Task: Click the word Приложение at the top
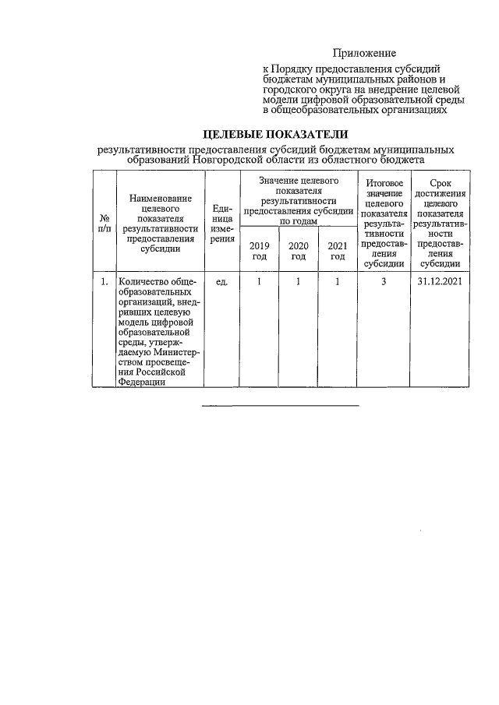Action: pyautogui.click(x=364, y=54)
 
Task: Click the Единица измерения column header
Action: pyautogui.click(x=221, y=224)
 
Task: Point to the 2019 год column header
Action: pyautogui.click(x=259, y=251)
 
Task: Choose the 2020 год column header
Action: pyautogui.click(x=299, y=251)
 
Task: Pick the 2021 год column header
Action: pyautogui.click(x=337, y=251)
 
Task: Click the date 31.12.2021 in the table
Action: pyautogui.click(x=441, y=282)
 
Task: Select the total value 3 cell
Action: pyautogui.click(x=384, y=282)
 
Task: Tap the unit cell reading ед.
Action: pyautogui.click(x=221, y=282)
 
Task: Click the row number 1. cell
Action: pyautogui.click(x=104, y=282)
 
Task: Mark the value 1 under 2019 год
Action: pyautogui.click(x=259, y=282)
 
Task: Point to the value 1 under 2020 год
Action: pyautogui.click(x=299, y=282)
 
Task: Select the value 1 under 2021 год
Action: pyautogui.click(x=337, y=282)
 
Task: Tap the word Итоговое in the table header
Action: pyautogui.click(x=384, y=183)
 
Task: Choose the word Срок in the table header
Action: pyautogui.click(x=441, y=183)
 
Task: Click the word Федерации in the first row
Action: pyautogui.click(x=141, y=382)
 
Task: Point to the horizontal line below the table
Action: pyautogui.click(x=281, y=406)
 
